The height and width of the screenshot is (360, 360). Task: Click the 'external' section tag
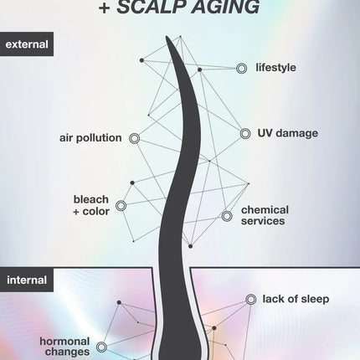pyautogui.click(x=27, y=44)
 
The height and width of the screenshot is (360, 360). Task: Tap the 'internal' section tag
pyautogui.click(x=27, y=280)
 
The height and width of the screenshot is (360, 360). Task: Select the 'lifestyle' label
pyautogui.click(x=275, y=68)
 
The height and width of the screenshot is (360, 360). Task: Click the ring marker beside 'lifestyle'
pyautogui.click(x=241, y=69)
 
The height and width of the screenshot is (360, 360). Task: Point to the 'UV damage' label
pyautogui.click(x=287, y=133)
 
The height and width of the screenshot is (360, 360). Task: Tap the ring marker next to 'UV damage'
pyautogui.click(x=245, y=134)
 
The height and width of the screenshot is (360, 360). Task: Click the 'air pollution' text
pyautogui.click(x=90, y=138)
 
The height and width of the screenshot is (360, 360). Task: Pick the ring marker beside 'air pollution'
pyautogui.click(x=135, y=138)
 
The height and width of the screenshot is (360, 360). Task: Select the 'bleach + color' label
pyautogui.click(x=91, y=205)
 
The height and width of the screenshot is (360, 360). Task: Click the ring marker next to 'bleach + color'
pyautogui.click(x=121, y=206)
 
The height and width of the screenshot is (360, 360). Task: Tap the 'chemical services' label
pyautogui.click(x=265, y=215)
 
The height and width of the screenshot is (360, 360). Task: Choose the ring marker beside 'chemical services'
pyautogui.click(x=227, y=216)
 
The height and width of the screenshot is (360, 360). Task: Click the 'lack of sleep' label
pyautogui.click(x=296, y=299)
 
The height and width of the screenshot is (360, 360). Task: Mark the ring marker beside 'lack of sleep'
pyautogui.click(x=251, y=300)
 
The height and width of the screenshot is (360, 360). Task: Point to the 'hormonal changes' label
pyautogui.click(x=64, y=347)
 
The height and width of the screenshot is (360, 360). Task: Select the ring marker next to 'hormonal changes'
pyautogui.click(x=101, y=347)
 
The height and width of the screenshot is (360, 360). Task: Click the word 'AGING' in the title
pyautogui.click(x=225, y=7)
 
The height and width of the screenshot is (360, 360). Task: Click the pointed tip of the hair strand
pyautogui.click(x=167, y=37)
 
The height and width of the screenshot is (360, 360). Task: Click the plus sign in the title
pyautogui.click(x=105, y=8)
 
